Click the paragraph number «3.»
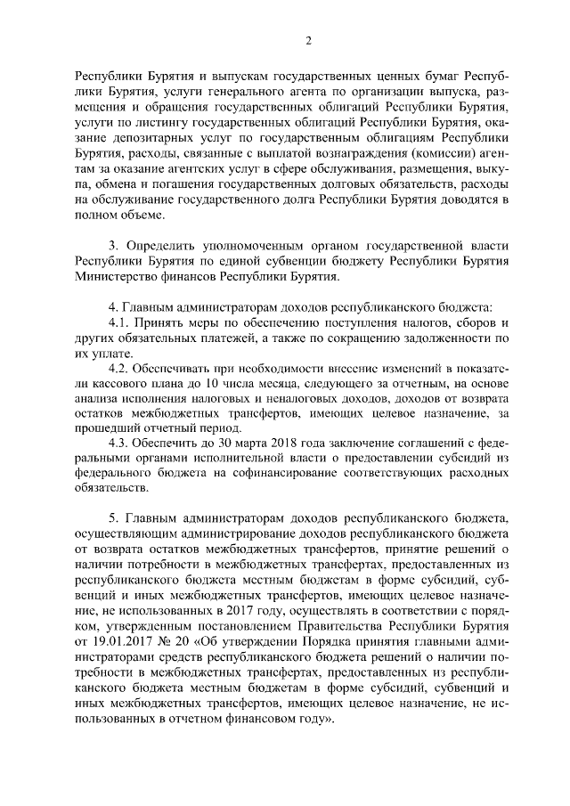pyautogui.click(x=114, y=243)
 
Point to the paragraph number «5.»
pyautogui.click(x=114, y=518)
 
